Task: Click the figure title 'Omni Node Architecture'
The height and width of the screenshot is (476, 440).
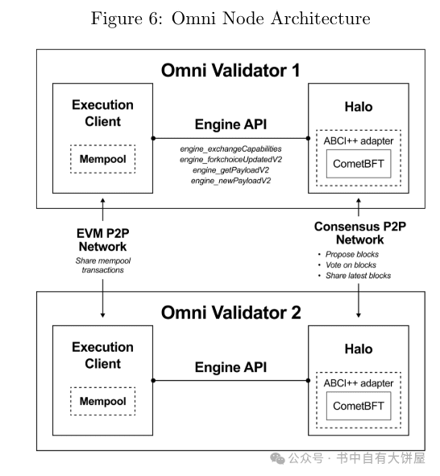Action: point(271,19)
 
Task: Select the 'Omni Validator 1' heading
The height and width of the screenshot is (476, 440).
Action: point(230,70)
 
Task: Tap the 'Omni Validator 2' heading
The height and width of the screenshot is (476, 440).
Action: point(230,313)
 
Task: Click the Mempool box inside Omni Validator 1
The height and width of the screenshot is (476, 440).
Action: point(103,159)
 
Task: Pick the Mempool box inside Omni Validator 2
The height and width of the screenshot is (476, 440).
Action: point(103,401)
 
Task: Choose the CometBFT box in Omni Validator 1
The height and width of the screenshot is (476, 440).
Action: point(359,164)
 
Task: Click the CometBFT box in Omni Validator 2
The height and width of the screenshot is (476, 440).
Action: point(359,406)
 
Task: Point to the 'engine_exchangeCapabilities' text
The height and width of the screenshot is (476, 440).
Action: point(230,149)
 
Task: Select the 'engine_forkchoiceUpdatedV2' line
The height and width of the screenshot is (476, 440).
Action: point(230,160)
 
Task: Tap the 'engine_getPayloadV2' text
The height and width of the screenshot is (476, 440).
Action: point(230,170)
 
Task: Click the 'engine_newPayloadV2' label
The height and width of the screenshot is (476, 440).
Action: point(230,181)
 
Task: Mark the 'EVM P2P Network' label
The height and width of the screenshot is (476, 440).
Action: point(103,240)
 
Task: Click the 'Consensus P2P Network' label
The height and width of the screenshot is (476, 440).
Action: point(360,233)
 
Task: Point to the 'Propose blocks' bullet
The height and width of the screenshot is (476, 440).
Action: point(352,254)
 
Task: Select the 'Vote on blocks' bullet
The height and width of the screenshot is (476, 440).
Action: point(351,265)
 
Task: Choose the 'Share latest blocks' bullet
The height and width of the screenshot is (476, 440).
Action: point(358,276)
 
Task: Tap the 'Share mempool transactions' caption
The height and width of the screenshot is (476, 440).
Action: point(103,265)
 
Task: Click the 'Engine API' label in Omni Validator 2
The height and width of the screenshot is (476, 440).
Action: point(230,367)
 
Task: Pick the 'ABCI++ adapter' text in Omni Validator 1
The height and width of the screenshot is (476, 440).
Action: point(359,141)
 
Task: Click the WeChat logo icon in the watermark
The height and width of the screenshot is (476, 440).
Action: point(277,458)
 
